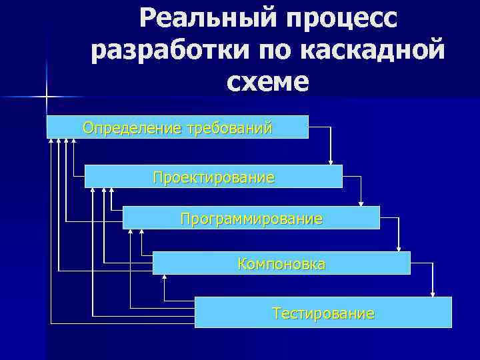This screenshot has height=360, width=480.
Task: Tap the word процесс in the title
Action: coord(343,19)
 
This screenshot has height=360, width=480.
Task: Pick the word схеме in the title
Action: coord(268,82)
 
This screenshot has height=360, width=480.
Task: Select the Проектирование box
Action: coord(213,177)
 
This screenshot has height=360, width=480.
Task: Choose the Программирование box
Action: coord(251,218)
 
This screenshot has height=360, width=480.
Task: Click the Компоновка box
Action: coord(281,264)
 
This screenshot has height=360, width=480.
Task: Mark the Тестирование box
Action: coord(323,313)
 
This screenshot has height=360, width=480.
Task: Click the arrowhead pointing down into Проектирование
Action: coord(331,161)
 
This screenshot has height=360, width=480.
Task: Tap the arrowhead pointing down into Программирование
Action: coord(361,203)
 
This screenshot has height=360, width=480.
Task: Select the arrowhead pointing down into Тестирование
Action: coord(433,293)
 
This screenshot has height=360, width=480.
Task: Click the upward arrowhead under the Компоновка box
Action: coord(164,279)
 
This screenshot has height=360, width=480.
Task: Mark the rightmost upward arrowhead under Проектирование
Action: coord(112,191)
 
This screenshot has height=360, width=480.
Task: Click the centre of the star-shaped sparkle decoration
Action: coord(47,97)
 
